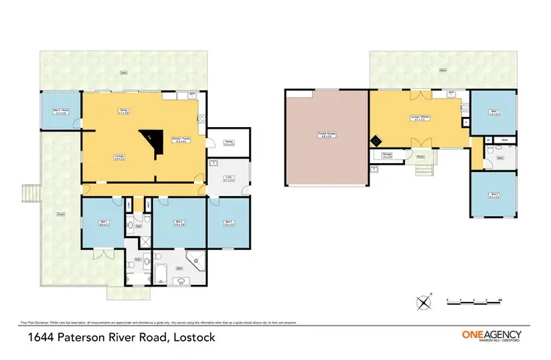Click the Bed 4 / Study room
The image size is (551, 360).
[x=60, y=112]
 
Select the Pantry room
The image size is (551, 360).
[x=228, y=144]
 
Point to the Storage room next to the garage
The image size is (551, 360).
[x=386, y=155]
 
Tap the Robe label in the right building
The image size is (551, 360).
[x=504, y=139]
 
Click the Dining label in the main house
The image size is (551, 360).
[x=124, y=111]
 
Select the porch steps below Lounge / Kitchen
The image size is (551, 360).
[x=425, y=171]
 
